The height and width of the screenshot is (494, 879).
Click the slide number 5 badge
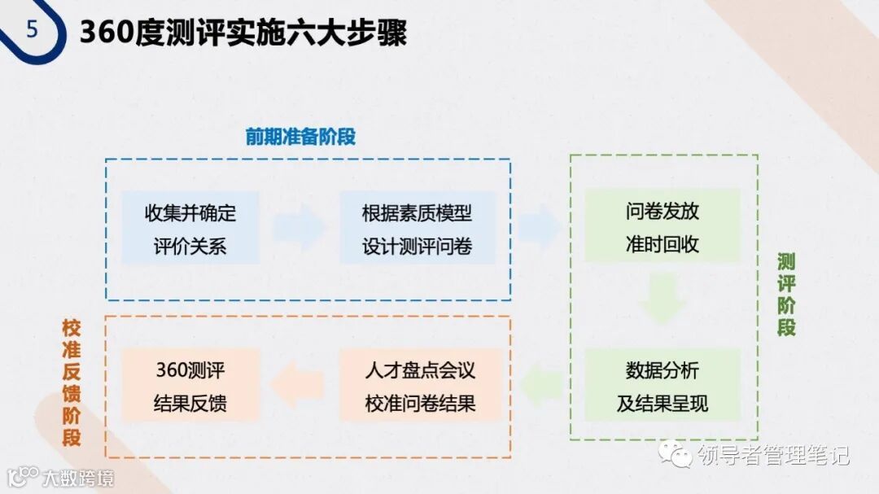point(32,30)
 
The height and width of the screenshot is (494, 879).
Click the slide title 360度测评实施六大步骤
point(243,34)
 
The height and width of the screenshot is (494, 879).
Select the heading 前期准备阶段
point(300,137)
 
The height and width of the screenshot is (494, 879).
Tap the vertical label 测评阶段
point(785,295)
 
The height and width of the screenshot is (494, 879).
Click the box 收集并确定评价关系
point(190,229)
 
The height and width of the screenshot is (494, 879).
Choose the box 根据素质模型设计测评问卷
point(418,229)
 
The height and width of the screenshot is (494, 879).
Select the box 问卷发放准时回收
point(662,227)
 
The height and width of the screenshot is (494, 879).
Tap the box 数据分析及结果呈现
point(662,387)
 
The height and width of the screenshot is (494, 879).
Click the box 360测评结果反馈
point(190,387)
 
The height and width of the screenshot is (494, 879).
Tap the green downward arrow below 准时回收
point(661,299)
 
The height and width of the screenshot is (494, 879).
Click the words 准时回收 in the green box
point(662,244)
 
